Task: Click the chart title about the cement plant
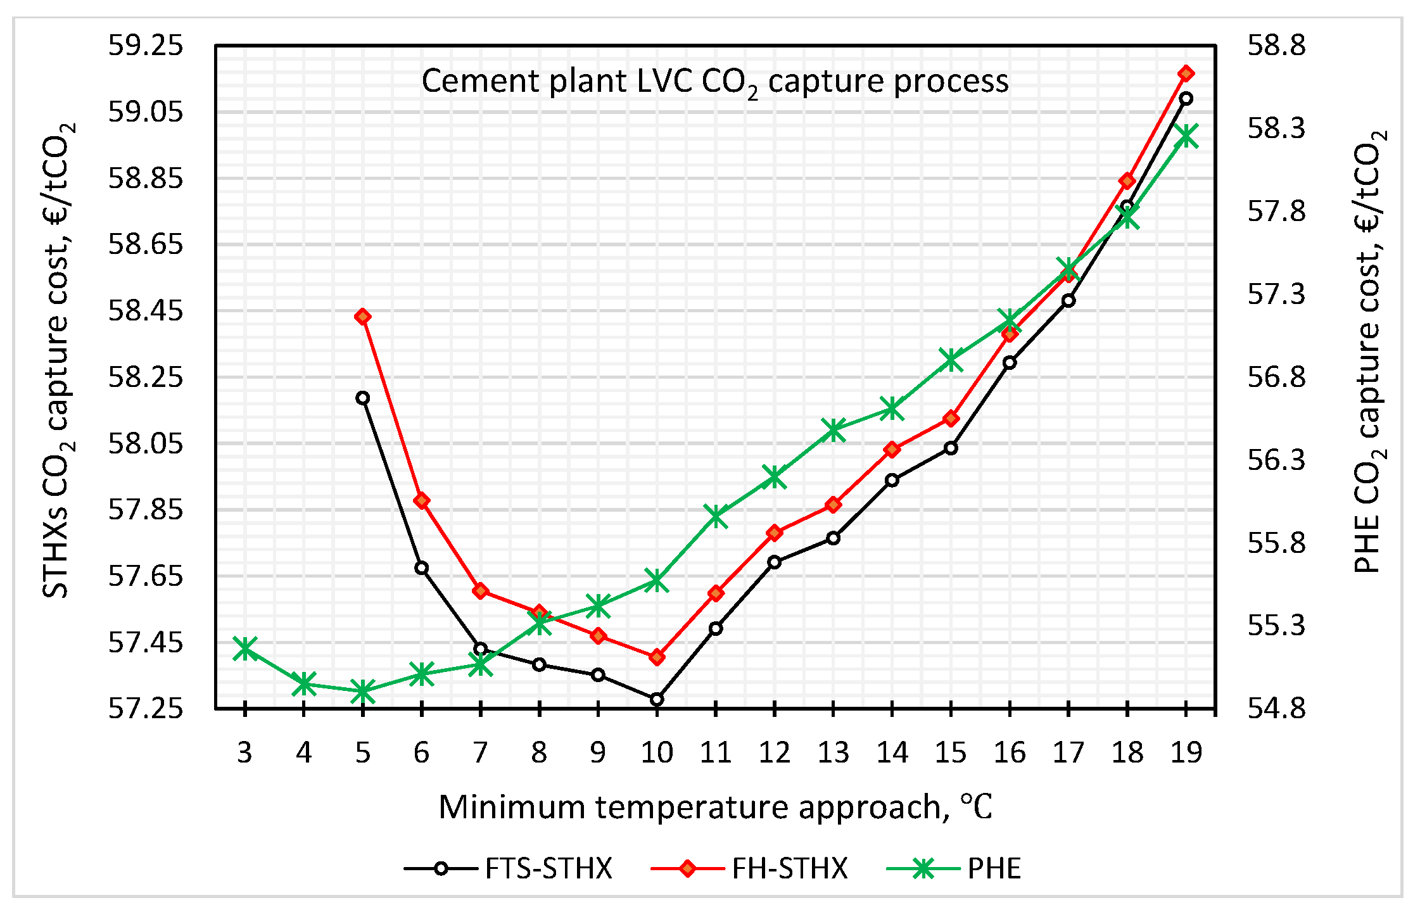(714, 82)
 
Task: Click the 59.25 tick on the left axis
(146, 46)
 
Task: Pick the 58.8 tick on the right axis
(1276, 46)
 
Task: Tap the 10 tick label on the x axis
(657, 752)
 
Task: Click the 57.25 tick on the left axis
(146, 708)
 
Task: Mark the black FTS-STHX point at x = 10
(657, 699)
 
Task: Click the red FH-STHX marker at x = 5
(362, 317)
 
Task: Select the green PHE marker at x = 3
(244, 649)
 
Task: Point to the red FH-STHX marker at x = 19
(1186, 73)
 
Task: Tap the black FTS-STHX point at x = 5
(362, 398)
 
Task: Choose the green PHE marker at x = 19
(1186, 136)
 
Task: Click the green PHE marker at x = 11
(716, 516)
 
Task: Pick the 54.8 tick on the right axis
(1276, 708)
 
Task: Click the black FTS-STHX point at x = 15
(951, 448)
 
